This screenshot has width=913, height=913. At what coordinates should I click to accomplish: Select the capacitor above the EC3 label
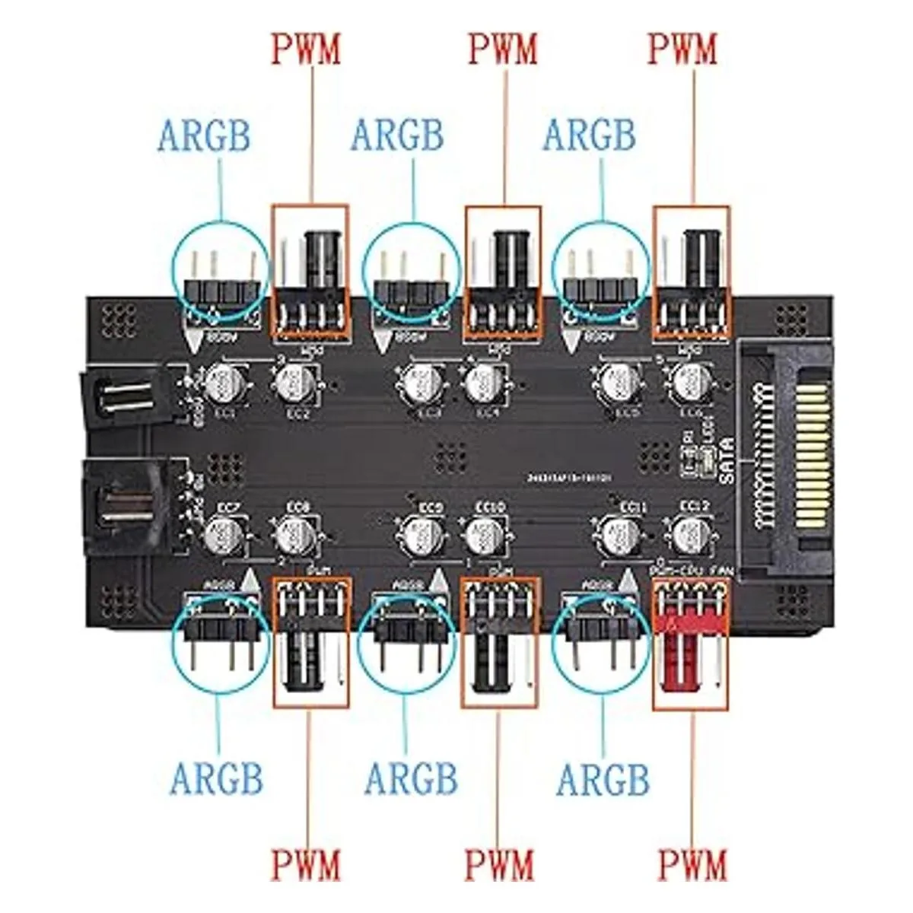(x=420, y=383)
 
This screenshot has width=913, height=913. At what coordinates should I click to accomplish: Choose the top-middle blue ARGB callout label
(x=396, y=136)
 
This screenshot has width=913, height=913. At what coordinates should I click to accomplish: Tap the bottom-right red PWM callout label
(x=693, y=865)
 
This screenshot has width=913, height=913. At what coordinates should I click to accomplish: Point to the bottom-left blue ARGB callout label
(x=217, y=779)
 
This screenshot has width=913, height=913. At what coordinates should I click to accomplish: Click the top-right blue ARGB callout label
(x=589, y=136)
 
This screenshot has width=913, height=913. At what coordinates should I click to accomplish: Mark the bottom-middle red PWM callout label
(x=500, y=865)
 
